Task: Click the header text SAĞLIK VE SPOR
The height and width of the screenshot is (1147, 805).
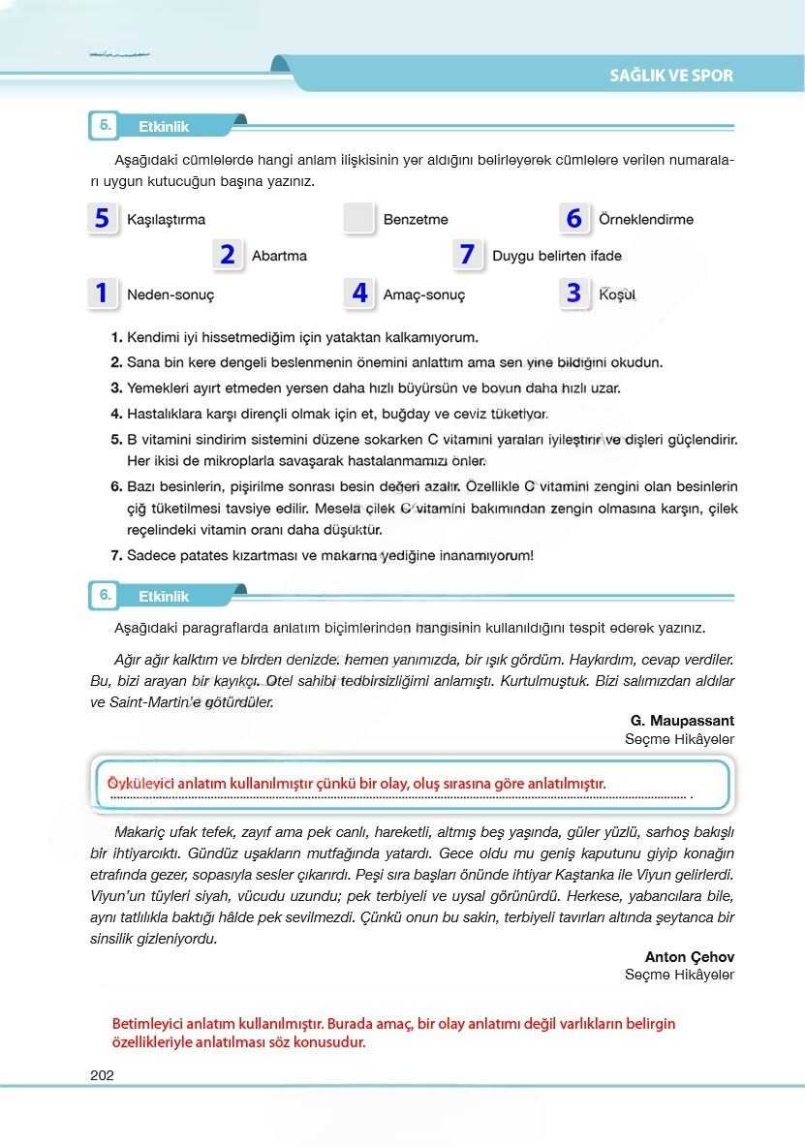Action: (670, 76)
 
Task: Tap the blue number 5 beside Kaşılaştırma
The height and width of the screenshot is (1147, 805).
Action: (102, 219)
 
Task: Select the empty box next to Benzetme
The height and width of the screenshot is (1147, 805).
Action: (358, 219)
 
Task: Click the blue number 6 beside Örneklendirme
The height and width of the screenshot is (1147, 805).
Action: (573, 219)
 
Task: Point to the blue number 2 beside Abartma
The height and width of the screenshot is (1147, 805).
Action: (227, 256)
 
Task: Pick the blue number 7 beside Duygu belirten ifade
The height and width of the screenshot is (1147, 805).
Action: (467, 255)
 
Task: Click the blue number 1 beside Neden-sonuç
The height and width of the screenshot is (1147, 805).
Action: (102, 293)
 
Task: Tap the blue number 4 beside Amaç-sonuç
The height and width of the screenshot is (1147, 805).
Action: (359, 293)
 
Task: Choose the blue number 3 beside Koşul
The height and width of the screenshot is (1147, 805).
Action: (573, 293)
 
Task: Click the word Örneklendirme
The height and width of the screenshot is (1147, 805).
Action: (646, 220)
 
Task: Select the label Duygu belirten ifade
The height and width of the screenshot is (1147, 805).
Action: (557, 257)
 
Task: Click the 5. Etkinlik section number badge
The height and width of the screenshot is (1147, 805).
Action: (103, 126)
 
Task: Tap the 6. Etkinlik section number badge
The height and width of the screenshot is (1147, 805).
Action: (103, 596)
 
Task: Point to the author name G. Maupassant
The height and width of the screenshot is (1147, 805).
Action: (682, 721)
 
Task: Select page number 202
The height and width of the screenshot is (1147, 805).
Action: (102, 1074)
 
